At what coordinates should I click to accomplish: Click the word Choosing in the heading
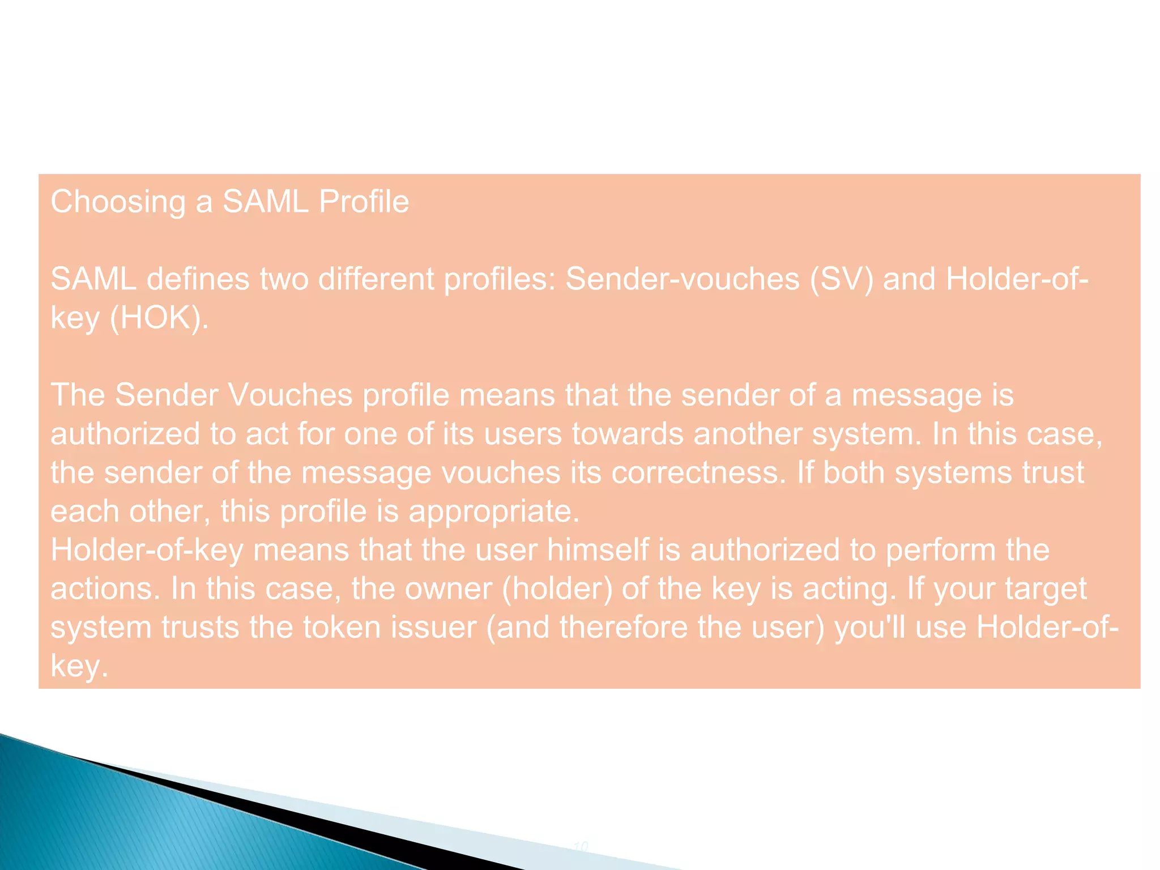[x=118, y=202]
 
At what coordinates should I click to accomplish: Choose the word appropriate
[x=494, y=511]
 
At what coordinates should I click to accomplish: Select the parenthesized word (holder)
[x=557, y=588]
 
